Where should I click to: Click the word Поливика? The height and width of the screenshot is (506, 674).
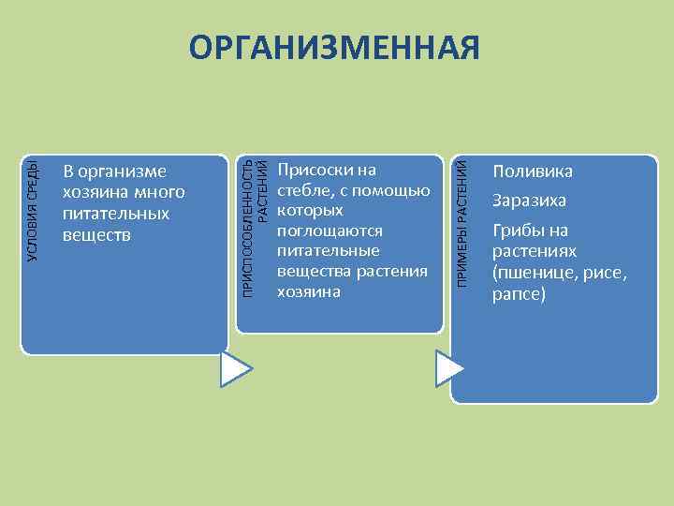533,172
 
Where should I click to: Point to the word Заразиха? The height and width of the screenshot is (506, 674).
530,201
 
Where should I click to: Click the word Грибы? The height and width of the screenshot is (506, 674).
517,231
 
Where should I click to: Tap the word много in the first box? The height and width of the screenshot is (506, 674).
160,193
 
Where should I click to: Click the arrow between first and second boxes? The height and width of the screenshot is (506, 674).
235,369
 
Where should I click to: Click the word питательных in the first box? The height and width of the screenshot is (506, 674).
116,214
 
